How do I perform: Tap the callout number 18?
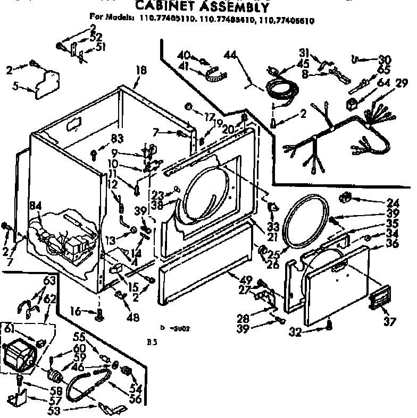pos(140,69)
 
